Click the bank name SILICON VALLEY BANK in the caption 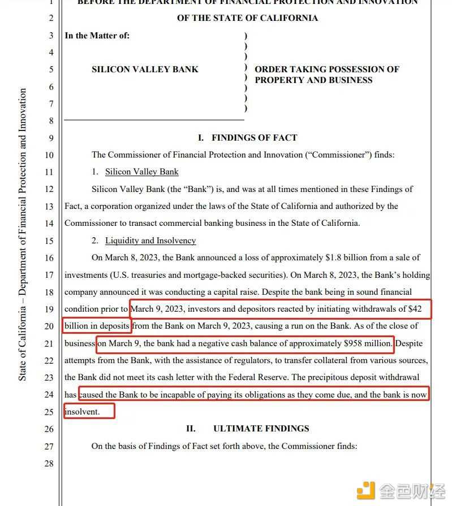(x=145, y=69)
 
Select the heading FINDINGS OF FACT (x=254, y=137)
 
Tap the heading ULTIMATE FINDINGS (x=261, y=429)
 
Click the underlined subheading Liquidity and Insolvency (x=150, y=241)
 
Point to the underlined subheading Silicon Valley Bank (x=141, y=172)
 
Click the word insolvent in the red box (x=82, y=412)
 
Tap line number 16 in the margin (x=49, y=258)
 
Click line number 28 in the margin (x=49, y=463)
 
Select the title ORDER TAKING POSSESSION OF (x=327, y=69)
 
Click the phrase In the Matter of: (x=97, y=36)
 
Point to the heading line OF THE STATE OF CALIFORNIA (x=247, y=18)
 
